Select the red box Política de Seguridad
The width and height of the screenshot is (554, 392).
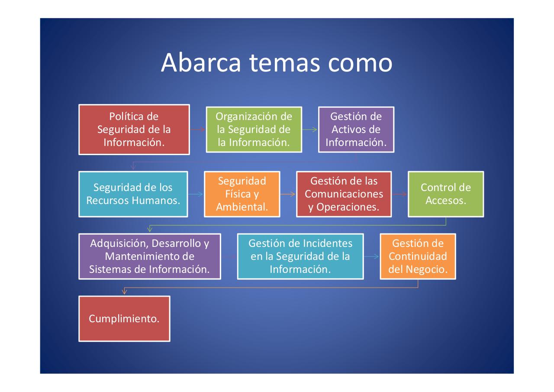click(x=134, y=130)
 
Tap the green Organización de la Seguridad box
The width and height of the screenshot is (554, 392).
click(x=254, y=130)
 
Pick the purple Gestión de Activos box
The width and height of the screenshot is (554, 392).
click(x=356, y=130)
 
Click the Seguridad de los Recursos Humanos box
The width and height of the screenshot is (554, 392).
click(x=133, y=194)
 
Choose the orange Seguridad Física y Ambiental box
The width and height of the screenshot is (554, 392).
click(x=242, y=194)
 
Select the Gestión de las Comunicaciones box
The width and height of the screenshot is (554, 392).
click(x=344, y=194)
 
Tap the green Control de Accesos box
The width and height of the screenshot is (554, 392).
click(x=446, y=194)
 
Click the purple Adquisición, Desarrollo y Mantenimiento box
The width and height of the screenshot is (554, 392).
click(x=150, y=256)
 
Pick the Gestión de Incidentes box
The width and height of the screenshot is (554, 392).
click(x=300, y=256)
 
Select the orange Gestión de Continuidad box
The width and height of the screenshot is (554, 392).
click(x=418, y=256)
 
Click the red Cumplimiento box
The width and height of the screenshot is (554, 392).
click(x=124, y=319)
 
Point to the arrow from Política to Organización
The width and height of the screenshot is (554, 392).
click(x=197, y=130)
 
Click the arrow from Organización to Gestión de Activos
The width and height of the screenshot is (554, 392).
click(x=310, y=130)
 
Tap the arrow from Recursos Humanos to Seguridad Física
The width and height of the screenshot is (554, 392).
click(x=196, y=194)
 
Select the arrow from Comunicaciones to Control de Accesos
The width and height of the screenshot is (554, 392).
click(x=399, y=194)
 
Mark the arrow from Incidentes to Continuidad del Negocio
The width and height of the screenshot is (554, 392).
click(x=372, y=256)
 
